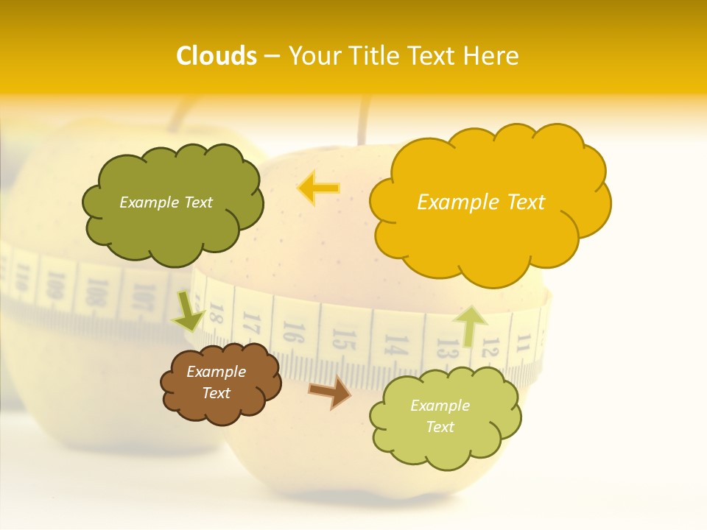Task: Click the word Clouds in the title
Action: point(217,56)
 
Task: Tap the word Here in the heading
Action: point(492,56)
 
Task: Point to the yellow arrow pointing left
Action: point(318,188)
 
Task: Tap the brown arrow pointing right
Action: point(330,392)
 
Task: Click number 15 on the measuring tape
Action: point(340,339)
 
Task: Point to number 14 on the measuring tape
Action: point(395,344)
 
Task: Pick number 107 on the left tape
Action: point(138,297)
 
